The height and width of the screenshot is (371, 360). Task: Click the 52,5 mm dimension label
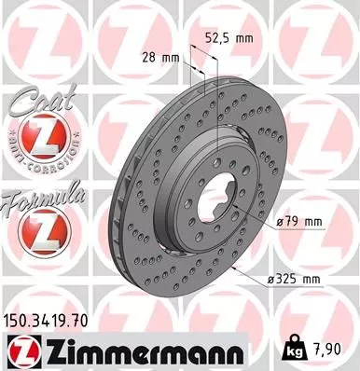click(x=228, y=38)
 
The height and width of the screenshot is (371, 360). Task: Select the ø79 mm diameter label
click(x=300, y=222)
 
